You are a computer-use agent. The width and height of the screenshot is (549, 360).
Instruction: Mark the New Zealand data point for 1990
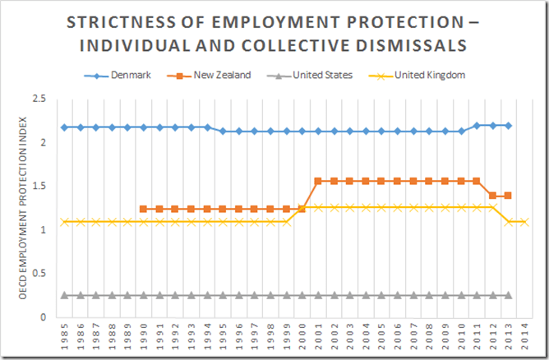coord(144,209)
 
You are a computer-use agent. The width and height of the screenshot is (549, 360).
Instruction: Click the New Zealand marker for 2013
coord(509,196)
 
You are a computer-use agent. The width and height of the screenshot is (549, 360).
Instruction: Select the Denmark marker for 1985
coord(64,127)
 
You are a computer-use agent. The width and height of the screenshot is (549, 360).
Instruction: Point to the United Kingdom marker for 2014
coord(524,222)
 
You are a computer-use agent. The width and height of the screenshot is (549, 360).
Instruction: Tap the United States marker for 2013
coord(509,295)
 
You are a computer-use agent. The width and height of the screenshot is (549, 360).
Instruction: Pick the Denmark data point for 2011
coord(477,125)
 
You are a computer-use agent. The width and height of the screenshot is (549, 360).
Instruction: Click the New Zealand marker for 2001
coord(318,181)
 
